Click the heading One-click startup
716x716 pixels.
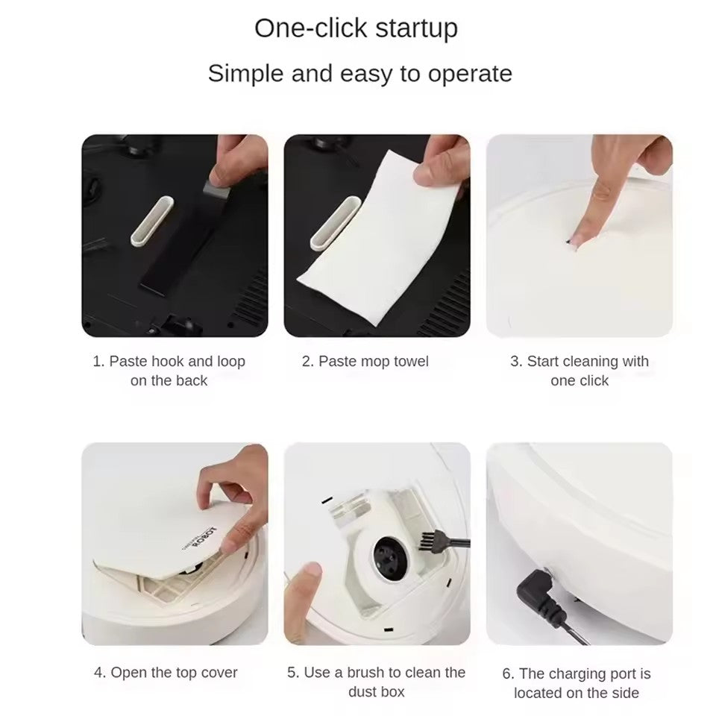tap(356, 28)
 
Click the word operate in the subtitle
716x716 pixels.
tap(470, 74)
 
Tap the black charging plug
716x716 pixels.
tap(538, 593)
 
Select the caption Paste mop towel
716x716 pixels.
tap(365, 361)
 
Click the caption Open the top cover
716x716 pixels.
tap(166, 672)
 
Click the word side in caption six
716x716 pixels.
tap(626, 693)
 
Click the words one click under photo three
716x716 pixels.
tap(580, 380)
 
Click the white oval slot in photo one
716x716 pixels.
tap(152, 221)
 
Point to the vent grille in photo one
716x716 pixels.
tap(250, 298)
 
